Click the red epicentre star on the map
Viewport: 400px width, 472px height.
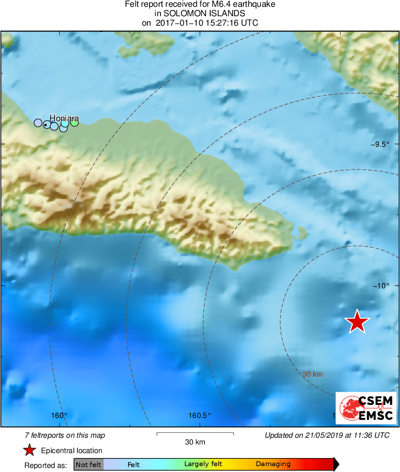coord(357,322)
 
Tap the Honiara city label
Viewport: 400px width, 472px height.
coord(61,118)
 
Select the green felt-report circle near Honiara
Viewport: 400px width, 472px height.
coord(75,122)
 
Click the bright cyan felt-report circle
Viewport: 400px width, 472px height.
coord(65,123)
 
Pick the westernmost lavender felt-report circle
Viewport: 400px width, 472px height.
coord(38,123)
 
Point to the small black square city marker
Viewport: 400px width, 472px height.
coord(45,125)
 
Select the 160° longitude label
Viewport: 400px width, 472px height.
coord(59,415)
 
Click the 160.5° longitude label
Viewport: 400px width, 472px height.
coord(200,415)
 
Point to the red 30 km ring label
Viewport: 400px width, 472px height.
coord(313,374)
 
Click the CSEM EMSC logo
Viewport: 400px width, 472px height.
coord(366,408)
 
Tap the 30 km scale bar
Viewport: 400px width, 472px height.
coord(195,434)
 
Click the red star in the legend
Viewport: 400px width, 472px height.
coord(30,450)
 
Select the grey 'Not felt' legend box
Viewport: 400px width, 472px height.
coord(88,464)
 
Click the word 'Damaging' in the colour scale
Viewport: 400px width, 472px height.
coord(273,464)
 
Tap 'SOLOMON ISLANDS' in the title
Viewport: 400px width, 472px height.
coord(200,14)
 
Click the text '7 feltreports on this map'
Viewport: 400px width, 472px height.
coord(65,436)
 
